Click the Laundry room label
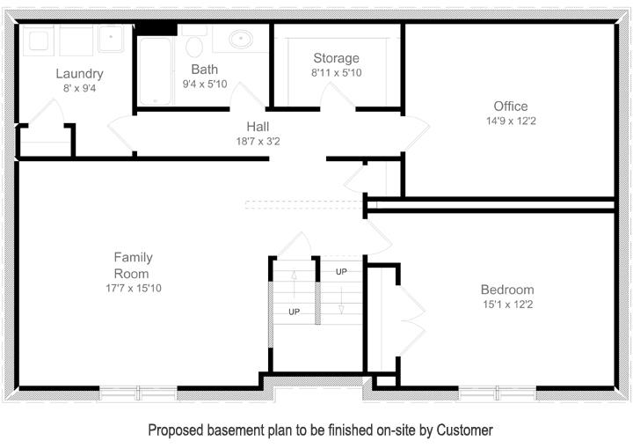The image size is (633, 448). pyautogui.click(x=79, y=74)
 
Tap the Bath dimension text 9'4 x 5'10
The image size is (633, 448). pyautogui.click(x=205, y=84)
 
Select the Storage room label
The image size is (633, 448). pyautogui.click(x=336, y=58)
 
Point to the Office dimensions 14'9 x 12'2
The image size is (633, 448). pyautogui.click(x=511, y=121)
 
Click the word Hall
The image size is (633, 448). pyautogui.click(x=258, y=127)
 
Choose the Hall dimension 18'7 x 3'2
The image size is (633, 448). pyautogui.click(x=258, y=142)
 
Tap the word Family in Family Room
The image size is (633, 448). pyautogui.click(x=134, y=257)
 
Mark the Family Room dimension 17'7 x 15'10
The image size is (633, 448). pyautogui.click(x=134, y=289)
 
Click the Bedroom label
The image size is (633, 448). pyautogui.click(x=507, y=290)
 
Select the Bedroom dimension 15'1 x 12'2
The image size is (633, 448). pyautogui.click(x=508, y=305)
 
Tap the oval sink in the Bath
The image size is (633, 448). pyautogui.click(x=241, y=40)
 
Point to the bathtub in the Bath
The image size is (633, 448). pyautogui.click(x=156, y=71)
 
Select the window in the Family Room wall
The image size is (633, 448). pyautogui.click(x=138, y=393)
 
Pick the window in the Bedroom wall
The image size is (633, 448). pyautogui.click(x=498, y=393)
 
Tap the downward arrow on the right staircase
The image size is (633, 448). pyautogui.click(x=341, y=300)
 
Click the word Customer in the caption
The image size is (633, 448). pyautogui.click(x=464, y=430)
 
